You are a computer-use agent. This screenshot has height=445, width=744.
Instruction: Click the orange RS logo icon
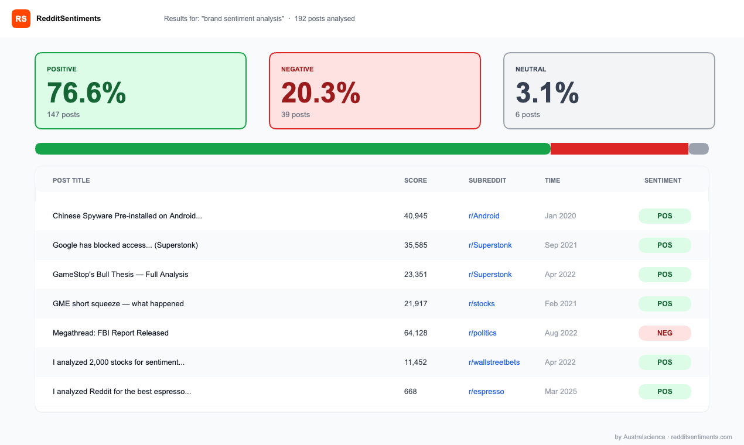(x=21, y=19)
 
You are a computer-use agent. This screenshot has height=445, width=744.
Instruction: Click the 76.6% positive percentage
(x=86, y=93)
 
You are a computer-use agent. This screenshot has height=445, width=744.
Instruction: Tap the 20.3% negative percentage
(x=320, y=93)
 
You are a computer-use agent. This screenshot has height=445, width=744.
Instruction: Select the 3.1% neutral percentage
(x=547, y=93)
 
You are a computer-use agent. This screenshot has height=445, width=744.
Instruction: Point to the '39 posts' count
(x=295, y=115)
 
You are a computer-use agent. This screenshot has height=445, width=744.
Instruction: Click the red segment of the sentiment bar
(x=619, y=149)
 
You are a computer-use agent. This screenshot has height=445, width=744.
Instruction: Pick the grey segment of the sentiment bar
(x=698, y=149)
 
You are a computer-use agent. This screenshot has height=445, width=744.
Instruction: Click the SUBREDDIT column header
(x=487, y=180)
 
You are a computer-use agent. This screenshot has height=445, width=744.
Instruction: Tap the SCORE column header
(x=415, y=180)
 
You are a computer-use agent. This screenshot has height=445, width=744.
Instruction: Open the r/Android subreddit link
(x=484, y=216)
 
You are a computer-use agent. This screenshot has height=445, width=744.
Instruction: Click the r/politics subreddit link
(x=482, y=333)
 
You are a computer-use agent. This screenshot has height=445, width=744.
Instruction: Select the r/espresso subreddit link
(x=486, y=392)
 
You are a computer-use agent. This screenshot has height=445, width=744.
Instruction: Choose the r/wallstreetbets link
(x=494, y=362)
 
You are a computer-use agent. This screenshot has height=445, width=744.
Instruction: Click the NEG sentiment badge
(x=664, y=333)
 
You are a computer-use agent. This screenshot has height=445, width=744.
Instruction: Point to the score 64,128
(x=415, y=333)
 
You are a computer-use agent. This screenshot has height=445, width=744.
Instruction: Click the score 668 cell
(x=410, y=392)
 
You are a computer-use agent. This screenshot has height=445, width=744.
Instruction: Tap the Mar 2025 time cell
(x=561, y=392)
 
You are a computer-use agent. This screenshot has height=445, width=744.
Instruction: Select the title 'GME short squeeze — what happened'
(x=118, y=304)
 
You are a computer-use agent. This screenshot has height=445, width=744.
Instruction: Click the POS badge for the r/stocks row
(x=664, y=304)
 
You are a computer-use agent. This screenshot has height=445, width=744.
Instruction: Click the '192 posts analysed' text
(x=325, y=19)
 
